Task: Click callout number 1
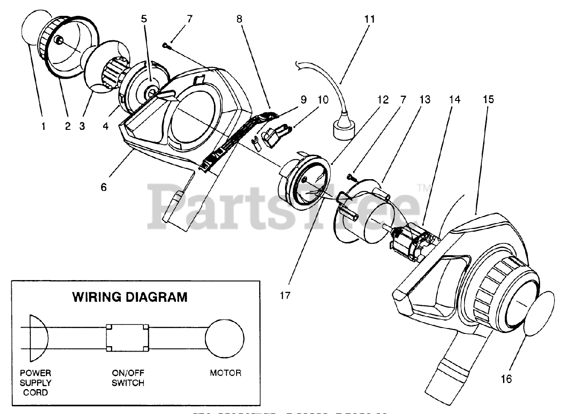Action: [43, 127]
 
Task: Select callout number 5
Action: [144, 19]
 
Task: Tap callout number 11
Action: [370, 19]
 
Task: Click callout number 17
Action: [285, 295]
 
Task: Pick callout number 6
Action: [104, 187]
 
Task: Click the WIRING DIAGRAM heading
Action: [130, 297]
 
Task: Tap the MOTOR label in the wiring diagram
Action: [225, 373]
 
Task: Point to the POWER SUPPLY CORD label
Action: [36, 382]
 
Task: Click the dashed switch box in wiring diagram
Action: [128, 338]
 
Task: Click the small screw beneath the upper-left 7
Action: [166, 44]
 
